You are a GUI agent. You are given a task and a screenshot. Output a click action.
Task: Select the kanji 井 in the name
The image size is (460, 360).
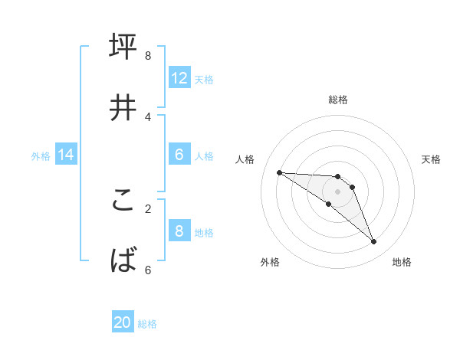123,108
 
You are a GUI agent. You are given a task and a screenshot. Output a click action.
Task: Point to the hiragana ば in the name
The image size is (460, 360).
123,261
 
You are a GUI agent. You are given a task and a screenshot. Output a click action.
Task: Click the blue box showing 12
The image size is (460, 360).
179,77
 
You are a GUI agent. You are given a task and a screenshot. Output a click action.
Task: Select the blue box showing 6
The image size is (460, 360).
179,155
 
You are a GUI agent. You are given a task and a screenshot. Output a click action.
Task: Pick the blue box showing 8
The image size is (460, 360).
179,231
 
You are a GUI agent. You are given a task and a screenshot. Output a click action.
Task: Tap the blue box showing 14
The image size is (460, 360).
66,155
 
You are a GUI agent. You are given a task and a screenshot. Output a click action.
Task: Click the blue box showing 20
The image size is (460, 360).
123,322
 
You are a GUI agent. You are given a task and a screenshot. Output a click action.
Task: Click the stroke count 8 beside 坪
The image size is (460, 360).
147,55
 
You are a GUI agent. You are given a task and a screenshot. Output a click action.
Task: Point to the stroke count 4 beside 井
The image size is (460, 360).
147,116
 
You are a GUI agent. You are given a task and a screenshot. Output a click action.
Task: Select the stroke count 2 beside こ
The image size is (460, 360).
147,208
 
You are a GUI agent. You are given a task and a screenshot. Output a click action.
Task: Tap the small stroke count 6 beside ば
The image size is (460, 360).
147,270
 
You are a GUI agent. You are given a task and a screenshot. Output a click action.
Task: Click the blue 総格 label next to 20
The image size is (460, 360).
147,324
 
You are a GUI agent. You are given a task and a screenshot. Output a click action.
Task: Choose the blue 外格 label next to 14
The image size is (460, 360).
41,156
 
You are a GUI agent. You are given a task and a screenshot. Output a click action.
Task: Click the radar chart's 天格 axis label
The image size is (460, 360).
432,159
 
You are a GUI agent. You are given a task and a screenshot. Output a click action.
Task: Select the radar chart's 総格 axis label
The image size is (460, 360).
338,100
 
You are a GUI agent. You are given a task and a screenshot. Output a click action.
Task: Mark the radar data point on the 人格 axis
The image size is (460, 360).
279,172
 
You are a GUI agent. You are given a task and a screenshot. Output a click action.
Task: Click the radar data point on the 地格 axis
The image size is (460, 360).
374,242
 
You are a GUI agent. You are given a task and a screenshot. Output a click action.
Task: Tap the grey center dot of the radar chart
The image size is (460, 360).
337,191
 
